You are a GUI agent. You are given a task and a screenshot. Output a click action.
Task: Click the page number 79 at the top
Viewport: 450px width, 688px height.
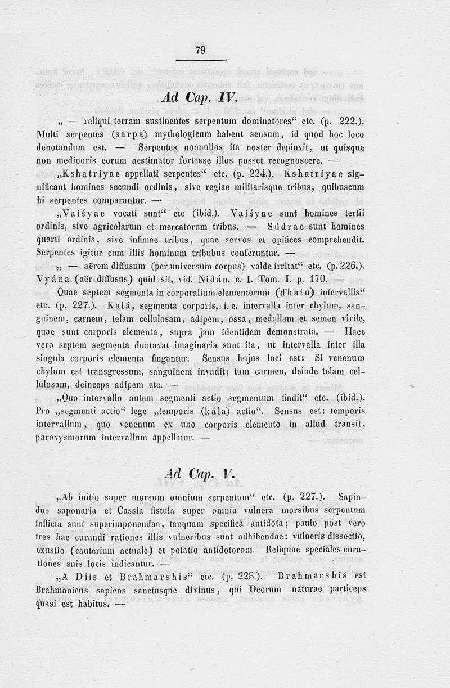[200, 50]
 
